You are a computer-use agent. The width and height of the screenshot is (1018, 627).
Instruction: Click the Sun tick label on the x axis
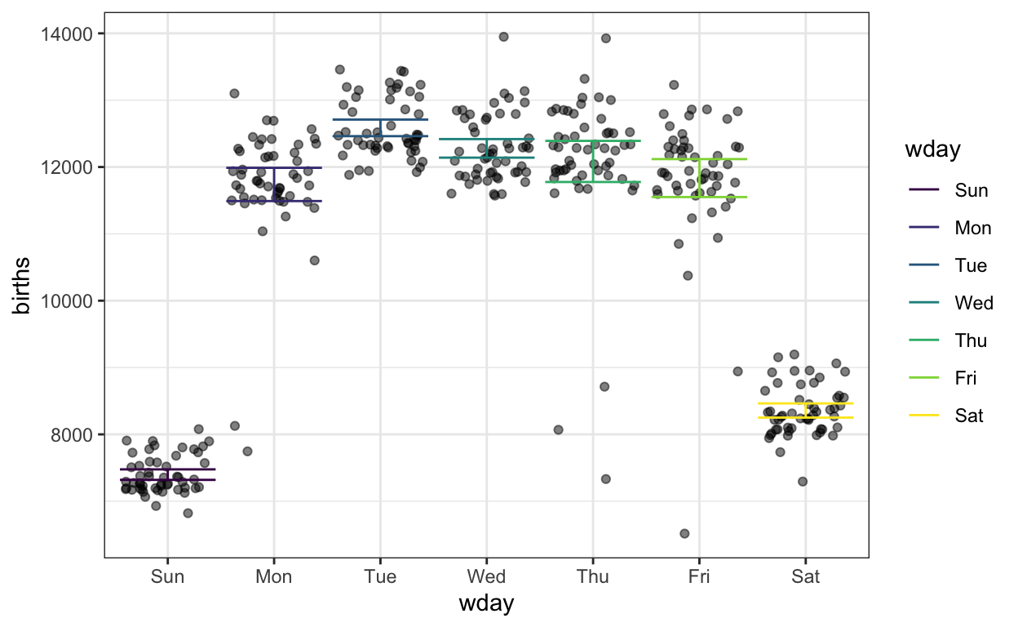click(x=167, y=577)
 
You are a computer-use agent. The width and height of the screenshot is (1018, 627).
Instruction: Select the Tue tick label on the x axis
click(x=380, y=577)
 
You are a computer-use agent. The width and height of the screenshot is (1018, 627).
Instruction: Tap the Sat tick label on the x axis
click(x=806, y=577)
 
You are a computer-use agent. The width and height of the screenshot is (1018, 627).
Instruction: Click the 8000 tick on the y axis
click(x=76, y=434)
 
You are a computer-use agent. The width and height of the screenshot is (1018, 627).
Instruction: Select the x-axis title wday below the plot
click(x=486, y=605)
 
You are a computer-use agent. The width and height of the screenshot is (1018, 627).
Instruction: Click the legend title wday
click(x=932, y=149)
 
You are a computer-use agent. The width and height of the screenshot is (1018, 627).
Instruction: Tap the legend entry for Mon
click(x=972, y=229)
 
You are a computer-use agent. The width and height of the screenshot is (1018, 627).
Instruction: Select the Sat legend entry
click(x=968, y=416)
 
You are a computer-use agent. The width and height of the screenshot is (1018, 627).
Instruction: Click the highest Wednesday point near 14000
click(x=503, y=37)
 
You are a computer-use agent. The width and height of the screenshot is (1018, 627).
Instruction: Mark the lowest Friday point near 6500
click(x=684, y=533)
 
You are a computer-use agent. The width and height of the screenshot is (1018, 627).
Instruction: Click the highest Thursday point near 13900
click(x=605, y=38)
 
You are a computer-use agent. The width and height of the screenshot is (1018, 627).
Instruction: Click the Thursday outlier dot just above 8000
click(x=558, y=429)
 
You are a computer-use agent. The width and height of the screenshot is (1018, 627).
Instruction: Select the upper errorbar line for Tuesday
click(x=380, y=120)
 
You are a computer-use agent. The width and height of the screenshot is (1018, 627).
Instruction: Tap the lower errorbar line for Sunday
click(x=167, y=480)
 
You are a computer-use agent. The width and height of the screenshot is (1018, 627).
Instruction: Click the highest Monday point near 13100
click(x=234, y=93)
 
